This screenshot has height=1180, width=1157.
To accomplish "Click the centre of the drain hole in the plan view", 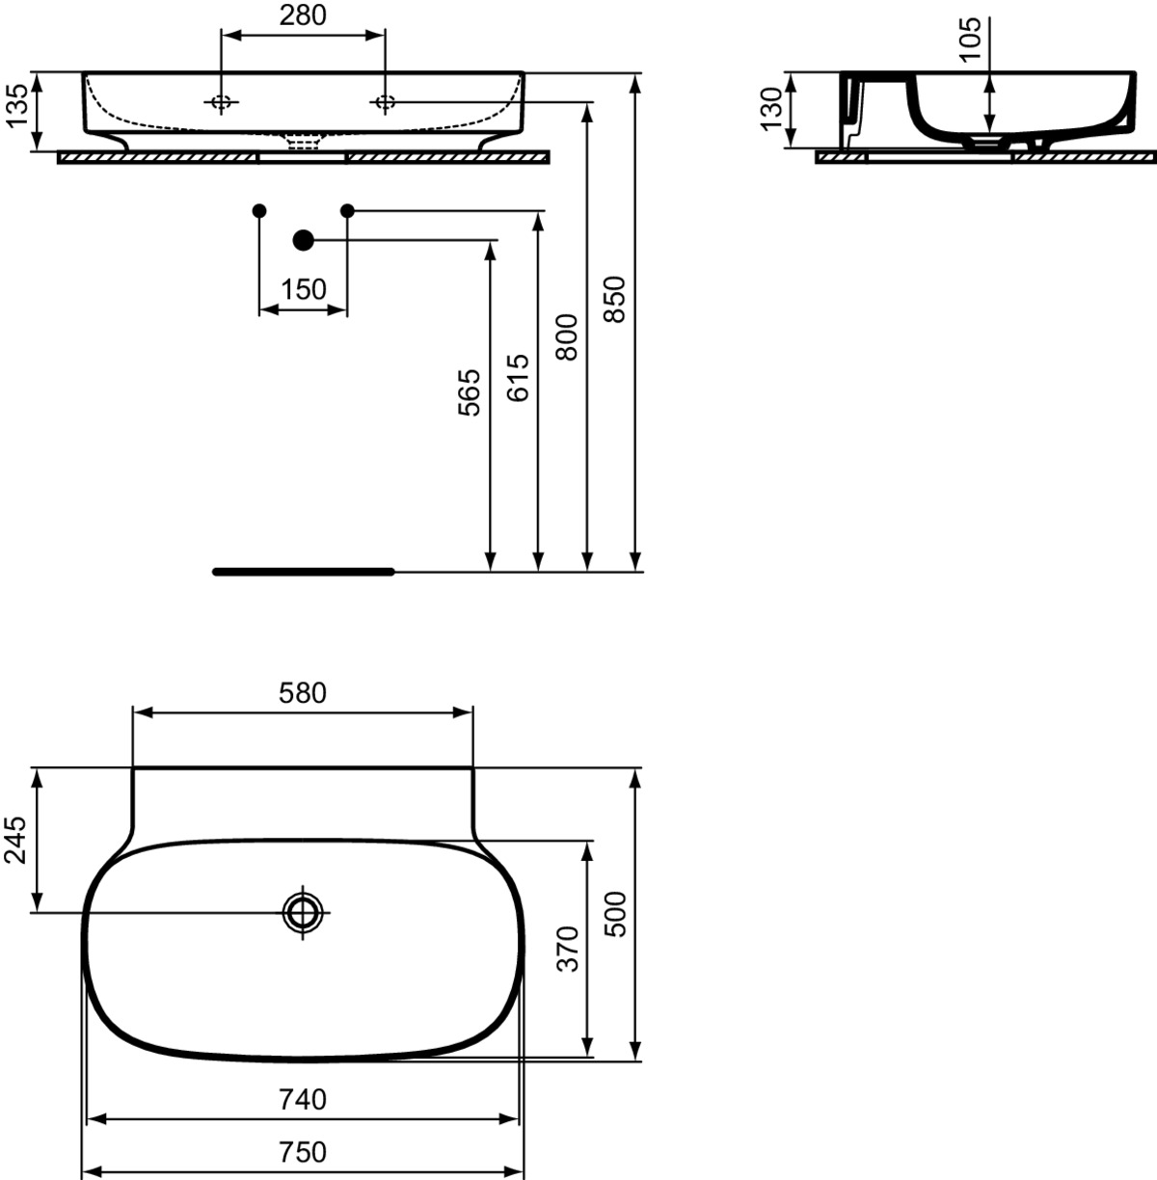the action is tap(303, 912).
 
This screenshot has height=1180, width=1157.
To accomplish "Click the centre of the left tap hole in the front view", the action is tap(221, 102).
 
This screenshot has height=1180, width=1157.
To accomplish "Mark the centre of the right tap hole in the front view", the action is tap(385, 102).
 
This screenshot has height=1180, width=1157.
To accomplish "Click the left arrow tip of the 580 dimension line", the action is tap(133, 712).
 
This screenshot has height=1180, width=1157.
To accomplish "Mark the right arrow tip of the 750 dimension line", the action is tap(525, 1170).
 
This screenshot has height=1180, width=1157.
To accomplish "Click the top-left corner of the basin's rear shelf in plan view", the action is tap(133, 767).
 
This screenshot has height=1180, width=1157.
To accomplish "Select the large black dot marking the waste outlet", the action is tap(303, 240).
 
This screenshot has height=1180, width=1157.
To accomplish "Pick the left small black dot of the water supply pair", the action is tap(259, 211).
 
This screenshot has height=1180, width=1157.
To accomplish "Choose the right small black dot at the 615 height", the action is tap(347, 211).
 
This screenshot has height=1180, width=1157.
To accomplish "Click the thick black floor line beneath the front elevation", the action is tap(304, 572).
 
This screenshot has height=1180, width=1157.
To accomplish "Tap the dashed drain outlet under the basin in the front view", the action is tap(303, 143).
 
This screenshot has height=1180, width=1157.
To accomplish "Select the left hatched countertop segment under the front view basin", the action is tap(157, 158).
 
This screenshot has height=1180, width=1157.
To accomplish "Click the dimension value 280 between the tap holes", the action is tap(303, 16).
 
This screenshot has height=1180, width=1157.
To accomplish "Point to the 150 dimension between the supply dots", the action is tap(303, 289).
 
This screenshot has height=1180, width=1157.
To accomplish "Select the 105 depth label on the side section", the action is tap(970, 40).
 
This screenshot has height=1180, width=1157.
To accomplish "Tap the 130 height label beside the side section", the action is tap(771, 109).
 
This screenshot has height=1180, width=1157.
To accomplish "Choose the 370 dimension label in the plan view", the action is tap(569, 950).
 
